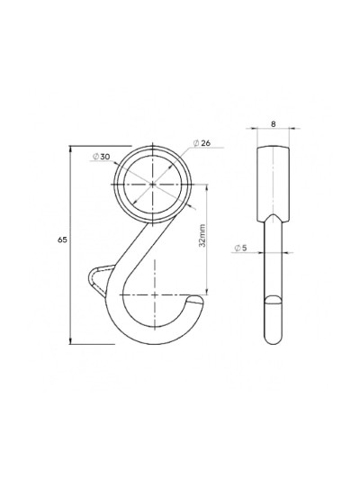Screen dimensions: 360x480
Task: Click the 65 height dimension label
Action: pos(62,240)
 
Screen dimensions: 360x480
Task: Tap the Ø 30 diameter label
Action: pos(101,157)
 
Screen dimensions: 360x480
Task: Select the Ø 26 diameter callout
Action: pos(202,143)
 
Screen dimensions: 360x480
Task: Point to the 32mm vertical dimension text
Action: pos(202,235)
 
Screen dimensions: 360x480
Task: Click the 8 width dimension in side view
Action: pos(273,124)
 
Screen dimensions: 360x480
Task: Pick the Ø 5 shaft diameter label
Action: pos(240,248)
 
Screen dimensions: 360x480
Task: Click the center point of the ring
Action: pos(153,185)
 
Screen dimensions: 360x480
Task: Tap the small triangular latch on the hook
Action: pos(101,279)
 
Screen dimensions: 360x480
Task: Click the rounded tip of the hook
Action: pos(197,299)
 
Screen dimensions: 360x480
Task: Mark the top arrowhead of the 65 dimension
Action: pos(71,149)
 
